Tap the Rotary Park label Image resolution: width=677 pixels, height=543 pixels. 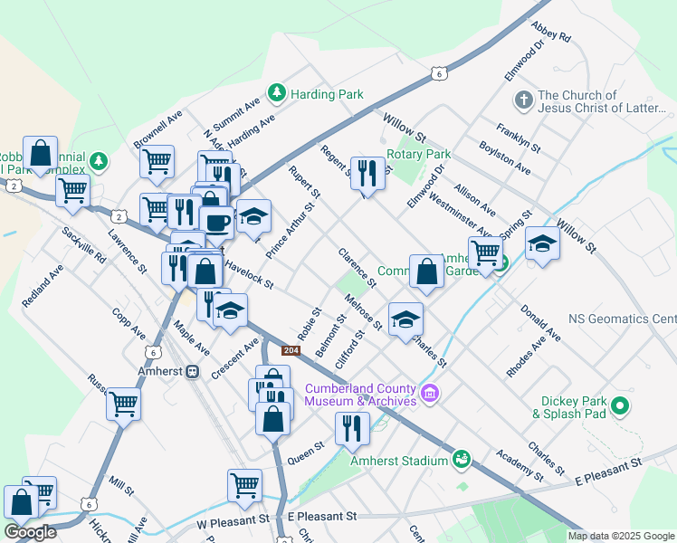[418, 154]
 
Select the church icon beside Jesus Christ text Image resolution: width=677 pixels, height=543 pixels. [522, 99]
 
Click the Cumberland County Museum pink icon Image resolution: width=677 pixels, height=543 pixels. [431, 395]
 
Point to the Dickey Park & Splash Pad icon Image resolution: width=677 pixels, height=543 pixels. [620, 406]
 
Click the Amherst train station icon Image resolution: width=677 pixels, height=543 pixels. [192, 372]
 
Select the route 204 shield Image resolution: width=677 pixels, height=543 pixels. [291, 350]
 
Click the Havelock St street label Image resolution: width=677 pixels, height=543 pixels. [249, 272]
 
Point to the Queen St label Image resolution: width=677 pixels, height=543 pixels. [306, 447]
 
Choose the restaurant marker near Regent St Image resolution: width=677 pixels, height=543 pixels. [367, 172]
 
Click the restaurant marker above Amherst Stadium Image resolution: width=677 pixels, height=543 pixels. [352, 427]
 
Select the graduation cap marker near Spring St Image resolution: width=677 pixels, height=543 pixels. [542, 244]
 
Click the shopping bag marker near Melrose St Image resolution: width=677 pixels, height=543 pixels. [426, 271]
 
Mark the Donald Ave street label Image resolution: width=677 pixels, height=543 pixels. [540, 322]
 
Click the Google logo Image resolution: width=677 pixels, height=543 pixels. [31, 533]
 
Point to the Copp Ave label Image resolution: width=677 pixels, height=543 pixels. [129, 324]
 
